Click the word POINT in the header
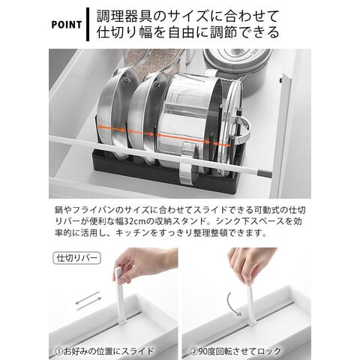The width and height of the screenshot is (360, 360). pyautogui.click(x=67, y=25)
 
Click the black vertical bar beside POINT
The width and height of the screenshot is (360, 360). pyautogui.click(x=88, y=24)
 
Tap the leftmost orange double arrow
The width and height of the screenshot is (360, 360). pyautogui.click(x=112, y=128)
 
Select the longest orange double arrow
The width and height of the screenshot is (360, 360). pyautogui.click(x=184, y=139)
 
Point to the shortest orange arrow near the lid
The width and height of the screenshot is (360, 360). pyautogui.click(x=222, y=144)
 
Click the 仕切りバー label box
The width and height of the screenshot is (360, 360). pyautogui.click(x=76, y=258)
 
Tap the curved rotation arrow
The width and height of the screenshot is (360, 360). pyautogui.click(x=233, y=304)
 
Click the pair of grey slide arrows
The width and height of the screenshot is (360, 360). pyautogui.click(x=88, y=301)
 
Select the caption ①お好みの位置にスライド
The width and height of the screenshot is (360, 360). pyautogui.click(x=104, y=352)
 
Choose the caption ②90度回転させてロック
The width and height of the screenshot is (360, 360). pyautogui.click(x=235, y=352)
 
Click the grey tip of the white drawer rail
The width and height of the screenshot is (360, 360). pyautogui.click(x=265, y=172)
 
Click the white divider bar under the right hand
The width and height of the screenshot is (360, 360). pyautogui.click(x=250, y=305)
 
